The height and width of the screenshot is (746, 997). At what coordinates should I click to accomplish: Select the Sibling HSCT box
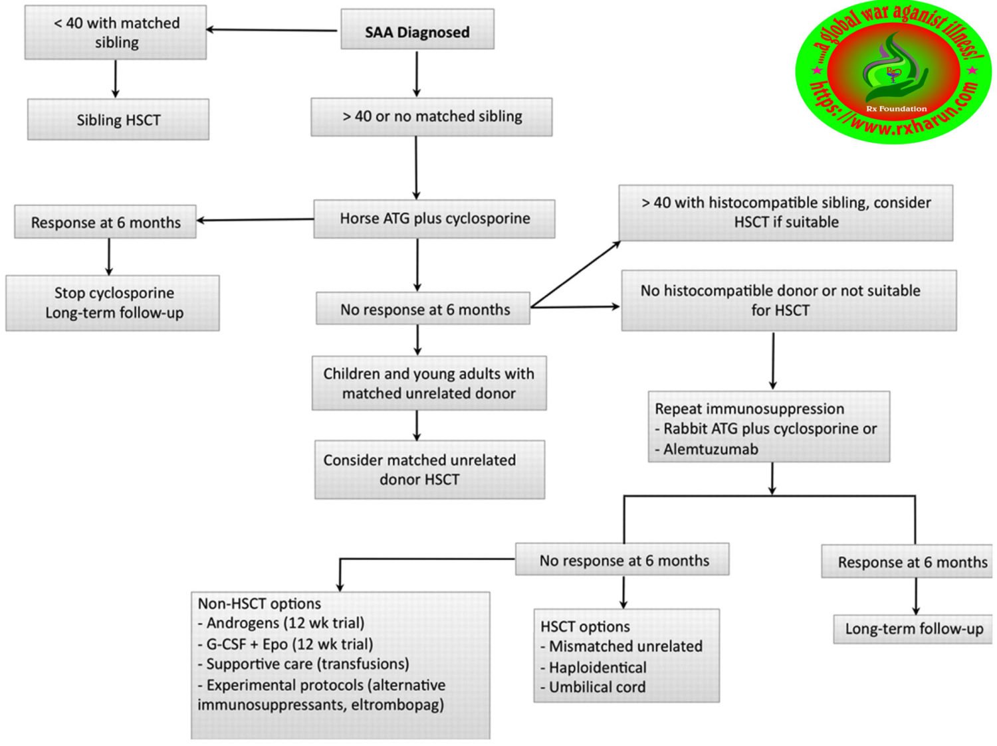(x=118, y=120)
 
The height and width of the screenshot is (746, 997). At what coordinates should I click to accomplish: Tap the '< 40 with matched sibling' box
(x=116, y=33)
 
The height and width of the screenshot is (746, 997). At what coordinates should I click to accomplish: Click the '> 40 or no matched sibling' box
(x=431, y=117)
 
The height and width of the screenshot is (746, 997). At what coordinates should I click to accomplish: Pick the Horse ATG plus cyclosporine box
(x=434, y=219)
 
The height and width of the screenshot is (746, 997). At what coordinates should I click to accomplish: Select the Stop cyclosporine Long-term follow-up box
(x=113, y=303)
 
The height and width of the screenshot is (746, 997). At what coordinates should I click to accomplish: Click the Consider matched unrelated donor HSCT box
(x=429, y=470)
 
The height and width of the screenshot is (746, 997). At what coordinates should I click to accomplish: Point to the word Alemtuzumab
(x=711, y=450)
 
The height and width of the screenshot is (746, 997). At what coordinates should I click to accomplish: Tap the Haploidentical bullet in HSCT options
(x=597, y=668)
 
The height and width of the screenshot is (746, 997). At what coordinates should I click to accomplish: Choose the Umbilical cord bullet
(x=596, y=688)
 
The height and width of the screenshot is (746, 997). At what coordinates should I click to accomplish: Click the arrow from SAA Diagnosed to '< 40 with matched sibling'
(x=273, y=30)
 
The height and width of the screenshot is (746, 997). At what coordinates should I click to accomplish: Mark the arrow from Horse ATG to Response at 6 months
(x=255, y=220)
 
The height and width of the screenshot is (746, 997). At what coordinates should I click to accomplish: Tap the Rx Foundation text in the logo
(x=896, y=108)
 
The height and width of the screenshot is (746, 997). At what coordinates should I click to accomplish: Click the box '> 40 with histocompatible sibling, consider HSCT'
(x=786, y=213)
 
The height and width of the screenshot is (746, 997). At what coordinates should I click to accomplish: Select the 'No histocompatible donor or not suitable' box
(x=788, y=300)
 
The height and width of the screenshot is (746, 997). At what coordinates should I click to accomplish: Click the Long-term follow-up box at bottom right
(x=913, y=629)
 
